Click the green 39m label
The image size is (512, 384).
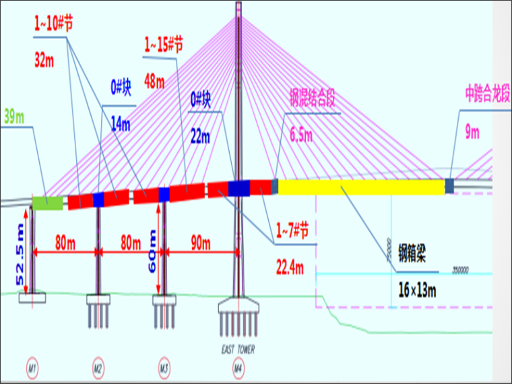pyautogui.click(x=13, y=117)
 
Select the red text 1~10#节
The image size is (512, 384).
pyautogui.click(x=53, y=24)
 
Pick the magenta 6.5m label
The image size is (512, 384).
pyautogui.click(x=301, y=135)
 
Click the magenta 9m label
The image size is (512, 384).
pyautogui.click(x=472, y=133)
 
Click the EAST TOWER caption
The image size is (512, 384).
pyautogui.click(x=237, y=349)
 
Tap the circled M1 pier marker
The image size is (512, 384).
pyautogui.click(x=32, y=369)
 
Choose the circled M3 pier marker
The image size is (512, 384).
pyautogui.click(x=164, y=369)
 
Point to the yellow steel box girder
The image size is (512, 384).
pyautogui.click(x=361, y=187)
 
